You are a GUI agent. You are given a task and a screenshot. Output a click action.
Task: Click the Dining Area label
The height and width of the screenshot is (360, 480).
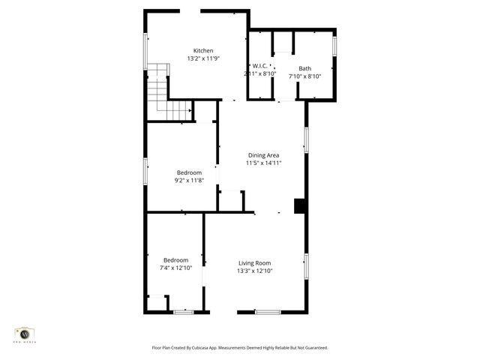tap(263, 155)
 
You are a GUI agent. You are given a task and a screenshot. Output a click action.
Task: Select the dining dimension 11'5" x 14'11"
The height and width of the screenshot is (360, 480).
tap(263, 163)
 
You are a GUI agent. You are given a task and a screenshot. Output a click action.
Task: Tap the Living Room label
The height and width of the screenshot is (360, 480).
tap(254, 262)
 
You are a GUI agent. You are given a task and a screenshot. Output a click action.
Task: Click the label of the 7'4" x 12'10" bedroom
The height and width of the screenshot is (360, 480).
tap(176, 260)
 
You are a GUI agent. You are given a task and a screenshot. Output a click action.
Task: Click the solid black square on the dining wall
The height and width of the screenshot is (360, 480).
tap(300, 206)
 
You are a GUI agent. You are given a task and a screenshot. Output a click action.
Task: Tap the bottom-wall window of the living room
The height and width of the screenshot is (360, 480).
tap(268, 311)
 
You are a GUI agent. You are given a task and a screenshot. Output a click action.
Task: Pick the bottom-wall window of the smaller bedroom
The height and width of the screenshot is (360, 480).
tap(183, 311)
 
